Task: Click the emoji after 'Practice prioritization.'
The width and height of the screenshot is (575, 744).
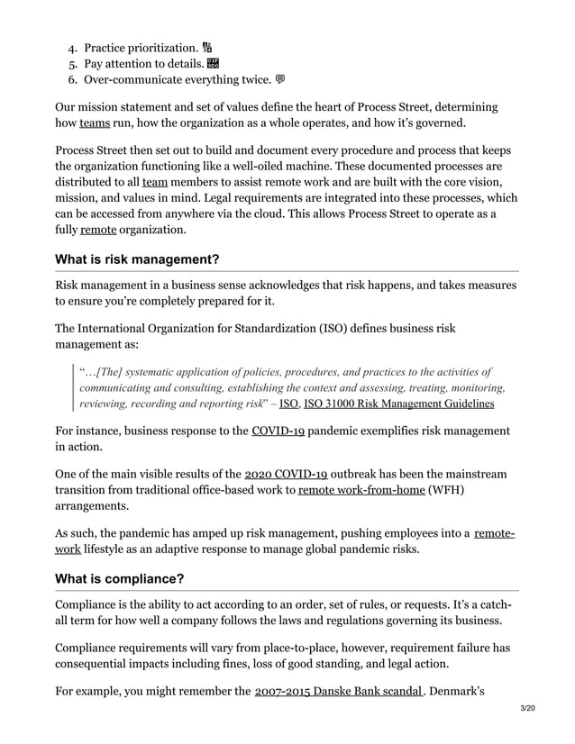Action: [207, 47]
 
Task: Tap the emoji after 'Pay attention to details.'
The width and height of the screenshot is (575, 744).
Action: [213, 64]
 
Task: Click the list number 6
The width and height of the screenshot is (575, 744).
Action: [72, 81]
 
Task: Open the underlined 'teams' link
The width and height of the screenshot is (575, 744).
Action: [95, 124]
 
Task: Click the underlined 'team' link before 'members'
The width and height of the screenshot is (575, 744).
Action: [155, 182]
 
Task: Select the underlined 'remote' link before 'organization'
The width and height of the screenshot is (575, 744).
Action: [97, 230]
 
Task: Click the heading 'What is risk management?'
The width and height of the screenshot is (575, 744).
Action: [137, 260]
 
